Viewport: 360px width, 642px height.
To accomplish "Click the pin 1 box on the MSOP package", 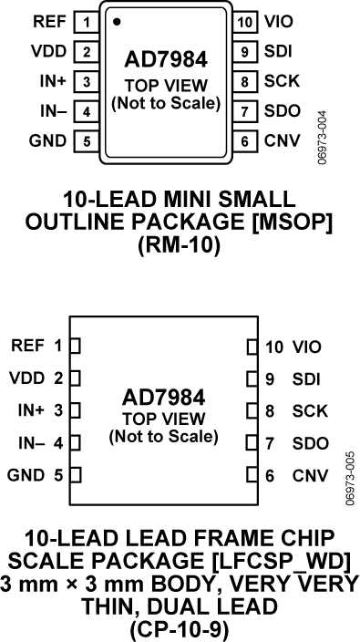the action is click(85, 20).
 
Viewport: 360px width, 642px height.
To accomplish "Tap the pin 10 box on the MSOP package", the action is click(245, 20).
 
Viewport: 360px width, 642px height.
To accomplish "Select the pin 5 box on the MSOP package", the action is click(85, 141).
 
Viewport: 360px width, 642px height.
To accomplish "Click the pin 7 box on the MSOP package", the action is click(245, 111).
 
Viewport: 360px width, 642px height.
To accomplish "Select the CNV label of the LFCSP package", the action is click(310, 475).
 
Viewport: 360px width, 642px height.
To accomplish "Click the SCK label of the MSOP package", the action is click(281, 81).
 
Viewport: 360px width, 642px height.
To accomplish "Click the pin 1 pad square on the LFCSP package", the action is click(77, 346).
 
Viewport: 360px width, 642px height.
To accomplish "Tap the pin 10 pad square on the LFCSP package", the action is click(253, 347).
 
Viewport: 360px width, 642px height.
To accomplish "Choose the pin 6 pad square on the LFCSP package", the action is click(253, 475).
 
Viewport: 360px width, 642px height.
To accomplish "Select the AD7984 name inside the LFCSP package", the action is click(163, 399).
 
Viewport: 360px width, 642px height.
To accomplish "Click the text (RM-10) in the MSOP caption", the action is click(180, 247).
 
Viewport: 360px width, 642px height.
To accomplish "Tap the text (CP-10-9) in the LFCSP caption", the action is click(179, 628).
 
